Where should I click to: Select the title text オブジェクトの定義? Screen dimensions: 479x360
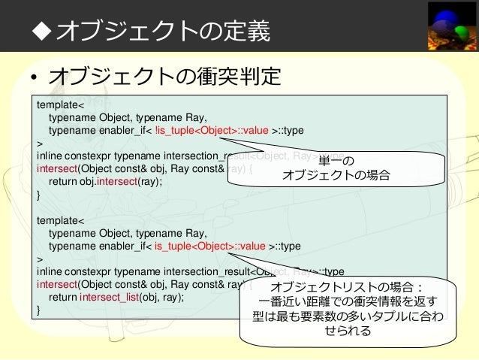162,32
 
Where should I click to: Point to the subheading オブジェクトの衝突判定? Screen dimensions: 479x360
164,77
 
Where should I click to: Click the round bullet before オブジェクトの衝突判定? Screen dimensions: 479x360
34,79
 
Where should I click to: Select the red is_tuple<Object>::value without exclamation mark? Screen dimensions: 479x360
209,246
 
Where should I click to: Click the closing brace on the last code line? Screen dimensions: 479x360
38,310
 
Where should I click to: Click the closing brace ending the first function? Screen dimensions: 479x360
38,195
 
